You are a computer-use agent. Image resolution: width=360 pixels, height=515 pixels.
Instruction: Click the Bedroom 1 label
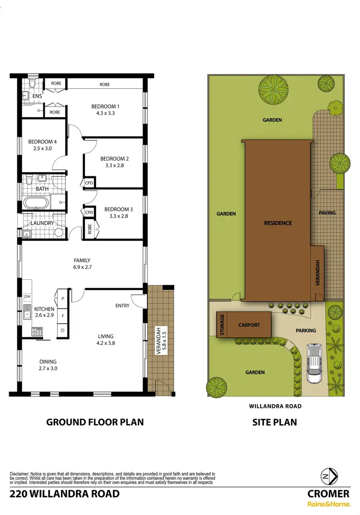[105, 106]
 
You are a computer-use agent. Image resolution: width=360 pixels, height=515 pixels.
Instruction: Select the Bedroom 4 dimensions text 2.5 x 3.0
[43, 149]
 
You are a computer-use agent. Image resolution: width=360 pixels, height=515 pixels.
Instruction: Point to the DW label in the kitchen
[27, 297]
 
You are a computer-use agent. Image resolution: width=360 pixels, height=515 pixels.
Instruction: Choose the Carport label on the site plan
[249, 325]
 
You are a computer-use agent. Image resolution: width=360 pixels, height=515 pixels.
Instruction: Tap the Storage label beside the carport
[222, 325]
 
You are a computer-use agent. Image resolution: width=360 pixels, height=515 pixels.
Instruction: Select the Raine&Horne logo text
[328, 504]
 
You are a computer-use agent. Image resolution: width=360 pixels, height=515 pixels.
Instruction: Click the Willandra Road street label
[275, 406]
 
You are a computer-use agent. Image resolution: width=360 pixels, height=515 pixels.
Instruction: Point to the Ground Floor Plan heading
[95, 422]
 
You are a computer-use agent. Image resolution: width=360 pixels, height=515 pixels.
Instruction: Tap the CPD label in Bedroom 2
[89, 183]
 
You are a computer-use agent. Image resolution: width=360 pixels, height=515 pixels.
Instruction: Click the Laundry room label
[42, 223]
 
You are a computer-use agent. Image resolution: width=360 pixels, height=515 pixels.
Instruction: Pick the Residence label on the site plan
[277, 223]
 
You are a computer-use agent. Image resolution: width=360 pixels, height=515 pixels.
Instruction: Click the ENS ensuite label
[37, 96]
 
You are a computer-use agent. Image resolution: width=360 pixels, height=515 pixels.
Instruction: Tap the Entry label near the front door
[122, 306]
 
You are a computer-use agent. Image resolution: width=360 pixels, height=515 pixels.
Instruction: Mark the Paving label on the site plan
[327, 212]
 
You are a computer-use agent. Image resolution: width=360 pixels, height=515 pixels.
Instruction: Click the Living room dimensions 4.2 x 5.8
[105, 343]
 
